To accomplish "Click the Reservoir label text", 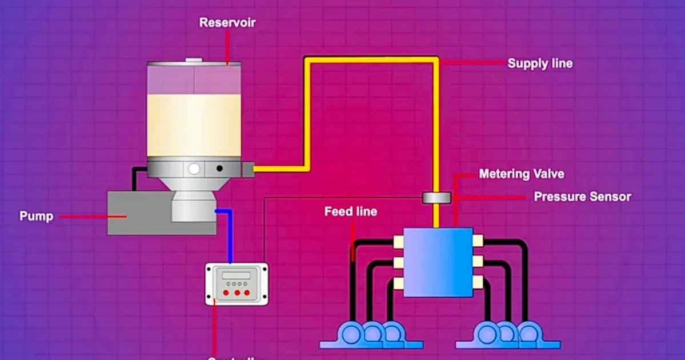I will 227,23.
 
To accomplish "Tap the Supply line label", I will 539,63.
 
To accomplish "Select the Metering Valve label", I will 521,173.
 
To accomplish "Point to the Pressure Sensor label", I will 582,197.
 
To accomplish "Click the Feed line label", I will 351,211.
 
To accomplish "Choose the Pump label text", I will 36,217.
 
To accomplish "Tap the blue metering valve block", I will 438,262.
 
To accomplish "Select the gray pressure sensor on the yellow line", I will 436,198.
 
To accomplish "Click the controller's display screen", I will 236,275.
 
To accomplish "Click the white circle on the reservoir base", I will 195,169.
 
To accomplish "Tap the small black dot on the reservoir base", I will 219,169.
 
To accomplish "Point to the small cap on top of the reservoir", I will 194,59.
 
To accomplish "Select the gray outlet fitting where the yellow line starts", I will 248,169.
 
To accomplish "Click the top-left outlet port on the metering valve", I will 399,242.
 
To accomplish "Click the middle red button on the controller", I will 237,293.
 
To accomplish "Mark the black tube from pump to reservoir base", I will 135,177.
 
